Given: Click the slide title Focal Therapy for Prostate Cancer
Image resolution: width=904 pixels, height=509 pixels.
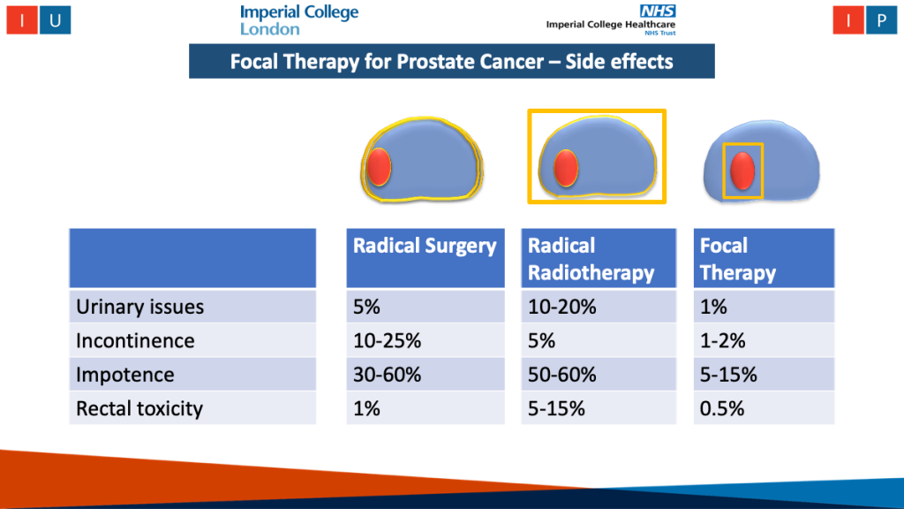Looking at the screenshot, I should [451, 61].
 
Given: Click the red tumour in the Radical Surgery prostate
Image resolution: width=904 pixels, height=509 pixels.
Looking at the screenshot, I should [379, 167].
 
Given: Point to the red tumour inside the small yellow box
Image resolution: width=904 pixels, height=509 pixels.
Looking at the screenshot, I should [742, 171].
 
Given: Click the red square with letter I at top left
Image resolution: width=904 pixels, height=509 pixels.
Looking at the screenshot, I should [22, 19].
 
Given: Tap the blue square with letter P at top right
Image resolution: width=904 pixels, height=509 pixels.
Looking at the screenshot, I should [881, 19].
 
